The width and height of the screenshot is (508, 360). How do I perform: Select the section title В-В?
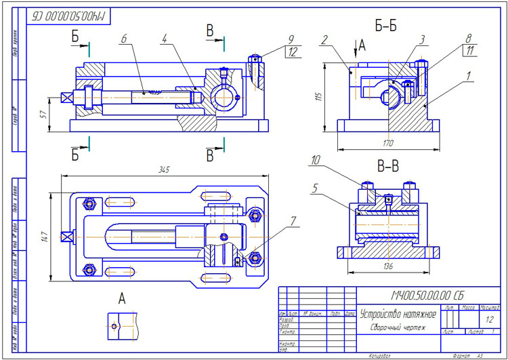[x=387, y=165]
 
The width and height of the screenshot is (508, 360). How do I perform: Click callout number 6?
[x=124, y=39]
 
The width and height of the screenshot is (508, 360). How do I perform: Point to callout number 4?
[x=164, y=39]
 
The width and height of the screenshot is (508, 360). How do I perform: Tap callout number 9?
[x=291, y=39]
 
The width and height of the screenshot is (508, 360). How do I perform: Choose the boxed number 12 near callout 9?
[x=292, y=51]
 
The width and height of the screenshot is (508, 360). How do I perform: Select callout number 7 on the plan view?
[x=293, y=221]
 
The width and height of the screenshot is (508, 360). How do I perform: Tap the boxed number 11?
[x=468, y=51]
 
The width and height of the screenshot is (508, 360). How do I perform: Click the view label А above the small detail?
[x=122, y=298]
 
